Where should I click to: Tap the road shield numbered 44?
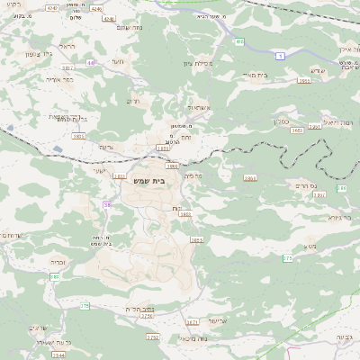point(91,63)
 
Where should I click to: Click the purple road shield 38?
point(106,205)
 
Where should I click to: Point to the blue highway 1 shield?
point(280,56)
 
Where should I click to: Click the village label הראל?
point(67,45)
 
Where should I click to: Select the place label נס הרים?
point(305,184)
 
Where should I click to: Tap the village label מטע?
point(308,247)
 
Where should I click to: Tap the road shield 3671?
point(192,321)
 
